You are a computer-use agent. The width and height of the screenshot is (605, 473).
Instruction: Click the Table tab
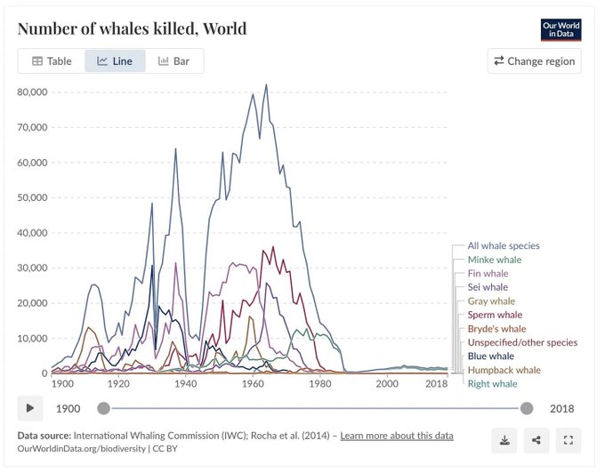[x=52, y=61]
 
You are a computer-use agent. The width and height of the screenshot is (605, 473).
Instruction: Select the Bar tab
[x=174, y=61]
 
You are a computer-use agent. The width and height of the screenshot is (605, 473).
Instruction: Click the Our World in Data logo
[x=561, y=29]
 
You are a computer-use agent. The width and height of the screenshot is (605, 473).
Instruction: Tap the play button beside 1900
[x=30, y=408]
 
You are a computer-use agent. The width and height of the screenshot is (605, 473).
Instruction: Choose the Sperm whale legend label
[x=495, y=315]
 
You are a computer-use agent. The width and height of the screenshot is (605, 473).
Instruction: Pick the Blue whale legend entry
[x=491, y=356]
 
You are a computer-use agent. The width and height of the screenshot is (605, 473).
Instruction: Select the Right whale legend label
[x=492, y=384]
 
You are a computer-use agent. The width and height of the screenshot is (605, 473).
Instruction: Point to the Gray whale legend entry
[x=491, y=301]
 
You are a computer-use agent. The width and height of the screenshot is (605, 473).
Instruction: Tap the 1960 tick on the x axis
[x=254, y=383]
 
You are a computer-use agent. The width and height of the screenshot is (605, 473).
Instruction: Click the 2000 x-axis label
[x=386, y=383]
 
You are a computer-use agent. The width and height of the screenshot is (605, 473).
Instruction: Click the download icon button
[x=504, y=439]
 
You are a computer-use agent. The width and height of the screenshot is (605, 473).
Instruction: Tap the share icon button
[x=536, y=439]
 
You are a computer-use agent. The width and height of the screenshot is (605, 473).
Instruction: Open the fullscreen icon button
[x=568, y=439]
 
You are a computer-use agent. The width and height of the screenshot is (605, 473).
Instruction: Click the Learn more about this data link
[x=397, y=436]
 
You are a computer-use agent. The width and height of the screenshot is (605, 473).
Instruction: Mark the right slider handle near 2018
[x=527, y=408]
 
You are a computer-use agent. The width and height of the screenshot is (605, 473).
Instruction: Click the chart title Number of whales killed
[x=132, y=28]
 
